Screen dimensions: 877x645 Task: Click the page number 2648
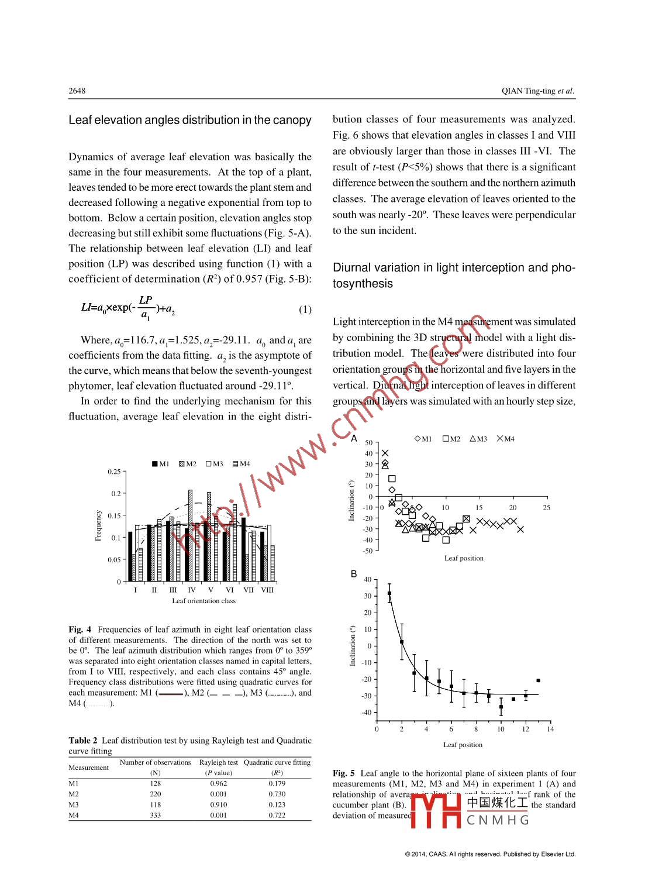coord(77,91)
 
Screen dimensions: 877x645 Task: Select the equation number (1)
coord(305,309)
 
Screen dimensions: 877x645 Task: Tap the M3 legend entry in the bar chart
coord(214,464)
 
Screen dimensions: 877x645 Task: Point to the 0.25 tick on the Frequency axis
coord(114,472)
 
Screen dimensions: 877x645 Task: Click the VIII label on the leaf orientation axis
coord(267,590)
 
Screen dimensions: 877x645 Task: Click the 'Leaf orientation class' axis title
coord(203,601)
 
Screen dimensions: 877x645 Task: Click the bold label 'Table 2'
coord(83,741)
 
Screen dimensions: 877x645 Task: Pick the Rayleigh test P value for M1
coord(218,783)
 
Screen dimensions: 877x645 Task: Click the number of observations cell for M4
coord(155,815)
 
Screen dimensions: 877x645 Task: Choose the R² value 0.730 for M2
coord(277,794)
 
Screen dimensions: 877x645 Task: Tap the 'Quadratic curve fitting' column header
coord(277,762)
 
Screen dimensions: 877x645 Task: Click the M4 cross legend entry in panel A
coord(505,439)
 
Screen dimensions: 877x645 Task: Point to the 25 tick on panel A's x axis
coord(546,508)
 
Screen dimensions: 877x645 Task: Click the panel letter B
coord(354,574)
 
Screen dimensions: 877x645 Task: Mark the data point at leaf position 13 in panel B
coord(538,680)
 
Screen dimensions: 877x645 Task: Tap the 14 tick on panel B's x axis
coord(550,729)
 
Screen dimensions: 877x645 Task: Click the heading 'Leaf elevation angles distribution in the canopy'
coord(190,121)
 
